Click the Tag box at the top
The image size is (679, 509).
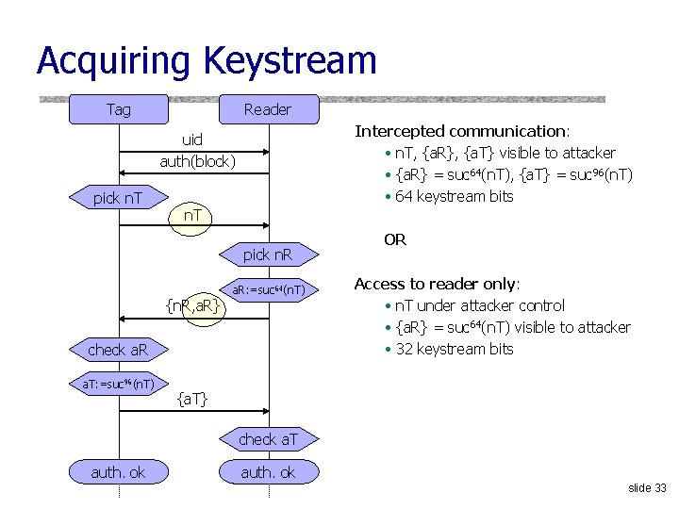(x=119, y=109)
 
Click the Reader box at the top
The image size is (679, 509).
(x=268, y=109)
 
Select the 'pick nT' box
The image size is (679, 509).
(x=118, y=198)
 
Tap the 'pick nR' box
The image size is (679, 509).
(x=268, y=254)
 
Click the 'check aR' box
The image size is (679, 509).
(x=118, y=350)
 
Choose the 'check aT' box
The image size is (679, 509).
(x=269, y=438)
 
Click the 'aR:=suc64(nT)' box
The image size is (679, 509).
(x=268, y=290)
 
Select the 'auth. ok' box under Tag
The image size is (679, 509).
(x=118, y=471)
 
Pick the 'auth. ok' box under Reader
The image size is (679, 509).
(x=268, y=471)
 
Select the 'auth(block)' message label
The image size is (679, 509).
(x=197, y=161)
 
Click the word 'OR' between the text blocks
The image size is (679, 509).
(x=395, y=239)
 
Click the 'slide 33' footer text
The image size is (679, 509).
(x=647, y=487)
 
